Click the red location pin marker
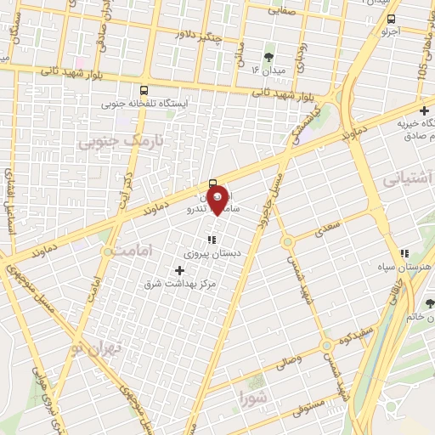tap(218, 198)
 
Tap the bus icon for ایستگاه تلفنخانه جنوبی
tap(143, 90)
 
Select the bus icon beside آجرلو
tap(391, 20)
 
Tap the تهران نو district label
tap(103, 349)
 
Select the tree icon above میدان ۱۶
tap(268, 58)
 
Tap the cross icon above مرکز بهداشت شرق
tap(178, 269)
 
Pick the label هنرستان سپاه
tap(404, 267)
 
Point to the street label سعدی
tap(327, 223)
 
